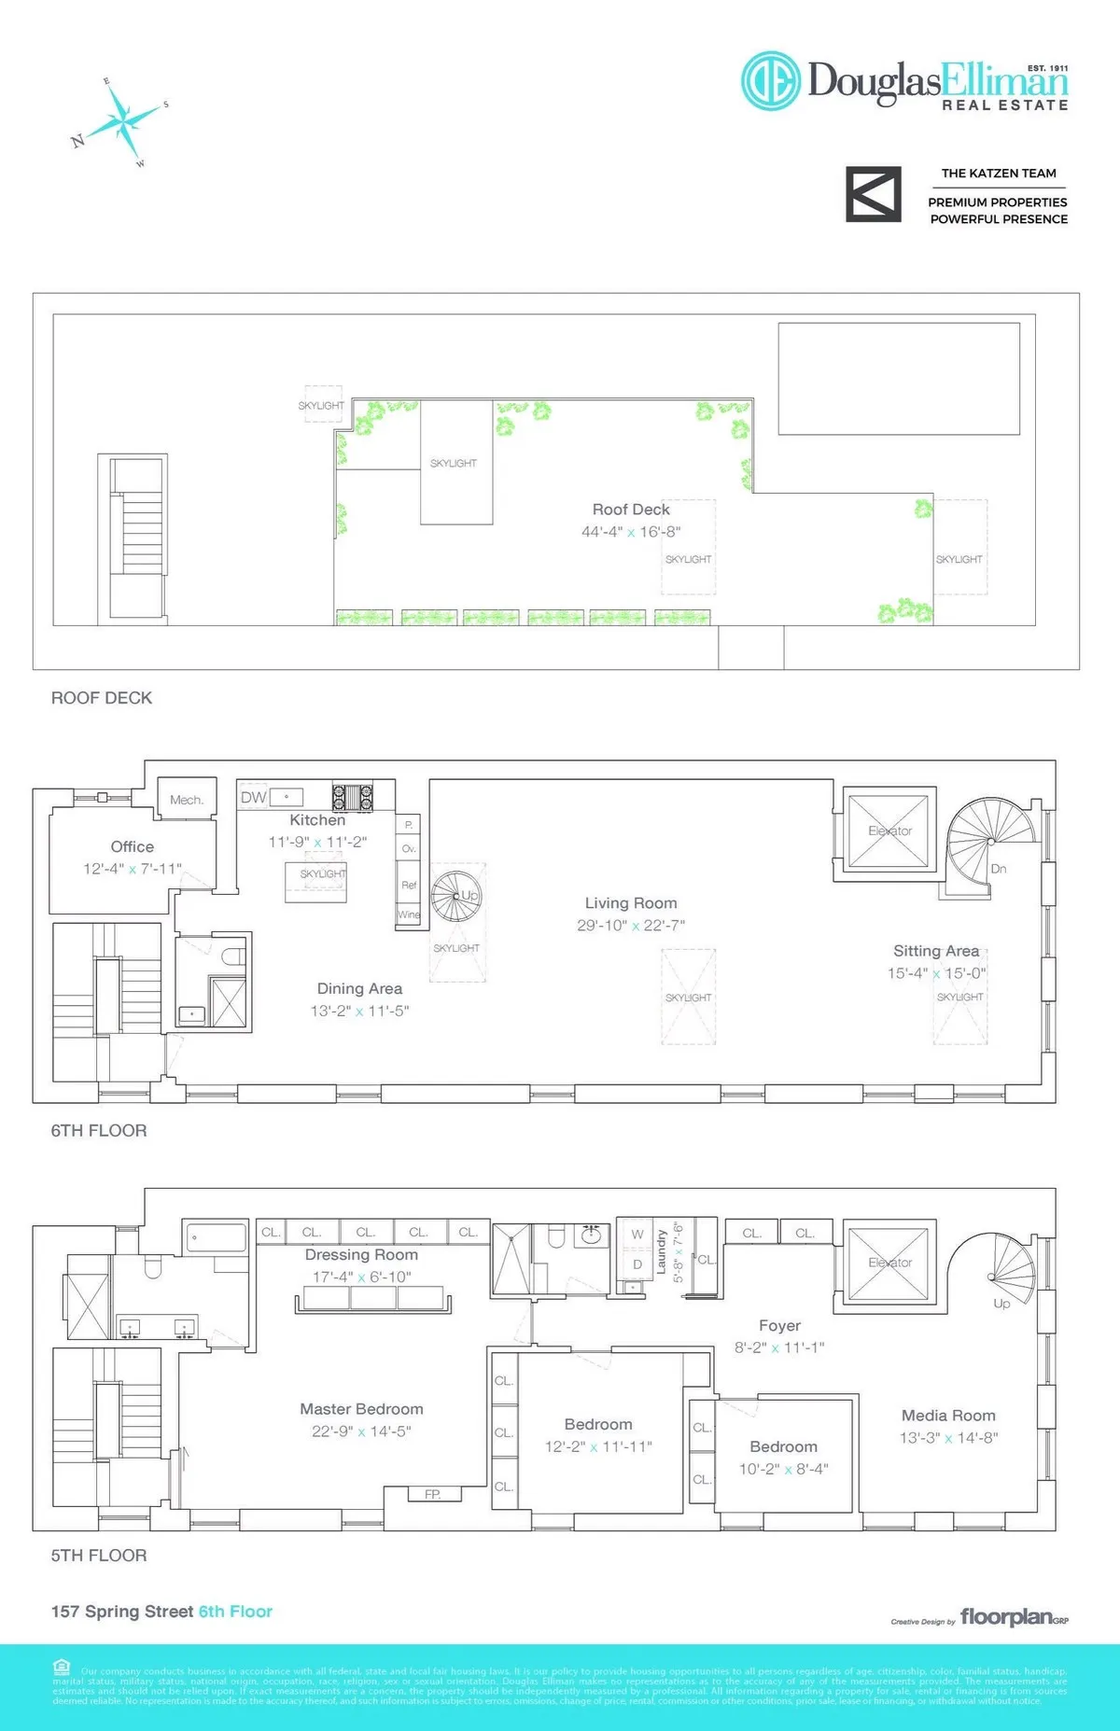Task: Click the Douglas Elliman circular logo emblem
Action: (x=771, y=80)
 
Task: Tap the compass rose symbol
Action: (x=121, y=121)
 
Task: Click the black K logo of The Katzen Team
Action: (x=874, y=194)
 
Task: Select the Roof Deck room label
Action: (x=631, y=510)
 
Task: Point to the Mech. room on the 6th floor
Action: (x=187, y=800)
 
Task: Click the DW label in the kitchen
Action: (x=253, y=797)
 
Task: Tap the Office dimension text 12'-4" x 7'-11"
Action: (x=133, y=869)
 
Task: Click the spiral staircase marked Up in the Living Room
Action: (x=457, y=896)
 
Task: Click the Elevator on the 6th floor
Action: (x=889, y=831)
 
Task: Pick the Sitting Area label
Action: (x=936, y=951)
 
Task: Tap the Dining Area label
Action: (x=359, y=988)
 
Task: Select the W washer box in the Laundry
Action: (x=637, y=1234)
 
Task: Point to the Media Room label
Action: (x=948, y=1416)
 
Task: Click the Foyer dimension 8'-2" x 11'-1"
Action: (x=779, y=1347)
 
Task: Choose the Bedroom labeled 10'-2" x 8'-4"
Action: (x=783, y=1446)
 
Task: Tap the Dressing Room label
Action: (x=361, y=1255)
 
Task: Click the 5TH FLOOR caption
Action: (x=99, y=1556)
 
